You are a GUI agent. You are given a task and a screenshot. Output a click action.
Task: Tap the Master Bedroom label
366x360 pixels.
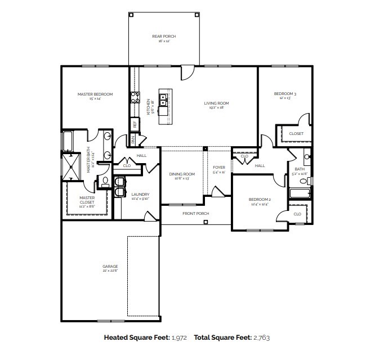click(95, 94)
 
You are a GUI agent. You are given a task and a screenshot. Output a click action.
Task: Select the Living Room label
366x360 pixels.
click(216, 103)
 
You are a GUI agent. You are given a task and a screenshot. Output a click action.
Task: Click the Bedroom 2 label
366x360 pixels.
click(260, 200)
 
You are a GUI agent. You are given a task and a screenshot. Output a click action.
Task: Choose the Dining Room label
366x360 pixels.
click(182, 174)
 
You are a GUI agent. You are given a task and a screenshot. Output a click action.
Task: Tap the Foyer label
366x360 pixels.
click(219, 168)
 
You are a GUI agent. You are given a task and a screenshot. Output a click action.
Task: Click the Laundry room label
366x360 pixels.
click(140, 195)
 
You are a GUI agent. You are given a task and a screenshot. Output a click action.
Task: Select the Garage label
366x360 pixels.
click(110, 266)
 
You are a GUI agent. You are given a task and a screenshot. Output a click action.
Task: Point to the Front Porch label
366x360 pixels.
click(195, 214)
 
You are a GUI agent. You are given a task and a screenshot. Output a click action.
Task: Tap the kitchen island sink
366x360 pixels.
click(164, 101)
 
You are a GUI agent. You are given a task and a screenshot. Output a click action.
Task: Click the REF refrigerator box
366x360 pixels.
click(135, 123)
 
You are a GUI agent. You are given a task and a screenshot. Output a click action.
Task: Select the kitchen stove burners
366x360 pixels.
click(135, 97)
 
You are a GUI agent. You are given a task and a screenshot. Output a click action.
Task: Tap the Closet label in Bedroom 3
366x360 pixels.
click(296, 134)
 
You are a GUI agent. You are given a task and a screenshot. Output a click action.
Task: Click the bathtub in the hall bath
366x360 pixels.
click(299, 193)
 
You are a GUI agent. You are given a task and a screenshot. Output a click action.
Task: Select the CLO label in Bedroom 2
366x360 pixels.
click(297, 214)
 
